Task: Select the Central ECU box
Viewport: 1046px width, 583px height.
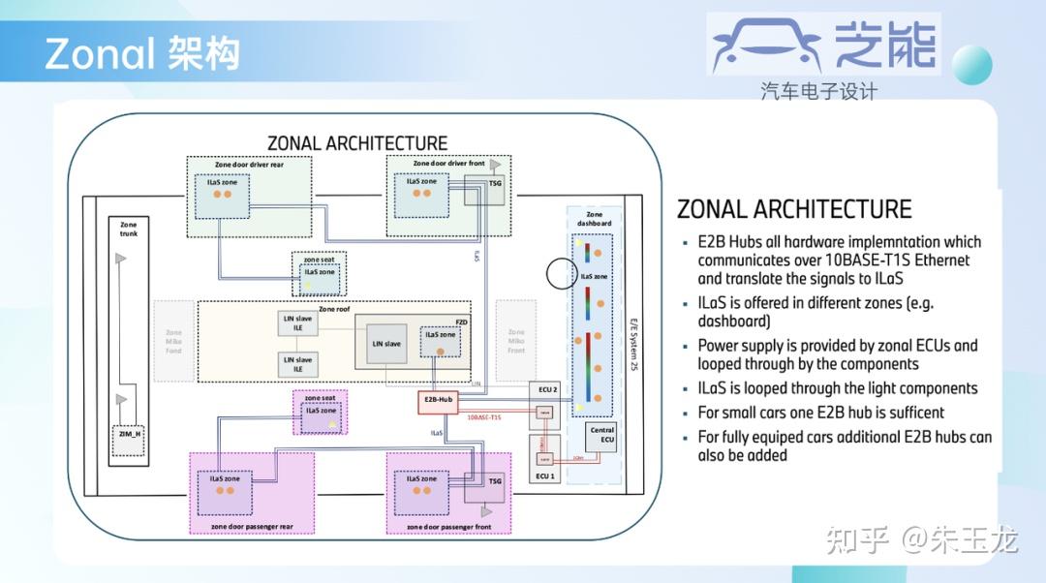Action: pyautogui.click(x=601, y=435)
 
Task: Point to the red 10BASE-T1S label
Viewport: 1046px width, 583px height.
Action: pyautogui.click(x=484, y=417)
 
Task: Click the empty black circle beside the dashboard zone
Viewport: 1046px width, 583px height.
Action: pyautogui.click(x=562, y=274)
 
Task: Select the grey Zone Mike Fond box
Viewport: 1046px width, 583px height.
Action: pyautogui.click(x=173, y=340)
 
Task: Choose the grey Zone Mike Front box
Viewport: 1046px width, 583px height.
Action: pyautogui.click(x=515, y=340)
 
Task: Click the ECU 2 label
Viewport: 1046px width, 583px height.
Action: pyautogui.click(x=547, y=389)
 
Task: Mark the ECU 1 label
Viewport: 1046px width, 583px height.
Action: pyautogui.click(x=545, y=476)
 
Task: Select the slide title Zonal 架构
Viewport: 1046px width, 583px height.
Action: pyautogui.click(x=141, y=54)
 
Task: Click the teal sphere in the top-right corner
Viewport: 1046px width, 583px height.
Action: pyautogui.click(x=970, y=66)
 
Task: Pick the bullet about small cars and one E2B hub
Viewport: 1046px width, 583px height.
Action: pyautogui.click(x=820, y=413)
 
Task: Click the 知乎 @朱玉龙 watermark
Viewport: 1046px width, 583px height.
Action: pyautogui.click(x=921, y=539)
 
